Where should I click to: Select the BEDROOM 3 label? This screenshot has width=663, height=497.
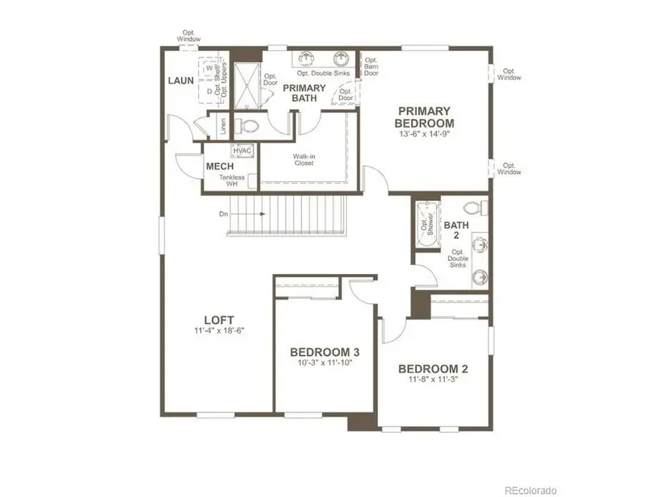tap(325, 351)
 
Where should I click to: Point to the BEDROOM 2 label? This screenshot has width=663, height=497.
tap(433, 369)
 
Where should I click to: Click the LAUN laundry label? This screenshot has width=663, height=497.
tap(180, 80)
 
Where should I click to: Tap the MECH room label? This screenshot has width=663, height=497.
tap(220, 166)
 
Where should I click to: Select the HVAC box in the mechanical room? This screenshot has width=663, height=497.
tap(242, 151)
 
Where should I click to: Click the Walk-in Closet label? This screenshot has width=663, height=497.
tap(304, 159)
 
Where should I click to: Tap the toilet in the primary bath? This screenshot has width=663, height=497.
tap(246, 125)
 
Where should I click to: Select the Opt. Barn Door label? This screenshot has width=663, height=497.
tap(371, 66)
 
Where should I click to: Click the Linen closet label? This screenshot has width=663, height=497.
tap(222, 126)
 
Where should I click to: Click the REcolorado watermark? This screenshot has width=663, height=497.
tap(530, 490)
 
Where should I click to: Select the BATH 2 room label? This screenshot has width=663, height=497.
tap(453, 230)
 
